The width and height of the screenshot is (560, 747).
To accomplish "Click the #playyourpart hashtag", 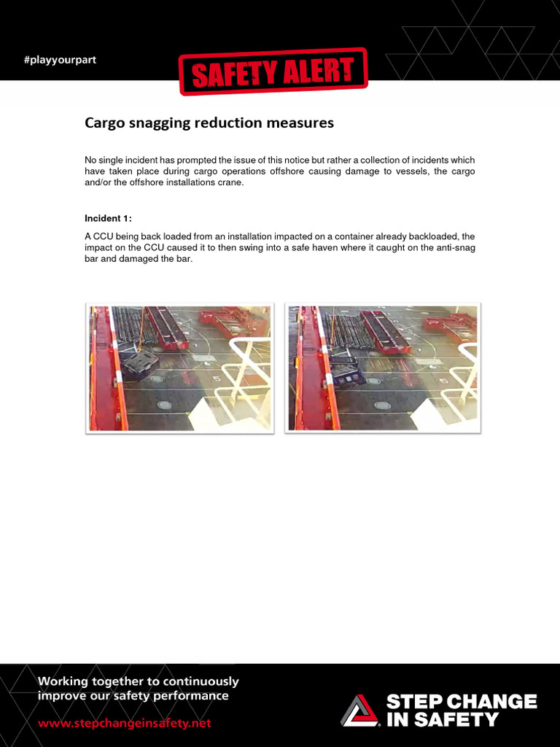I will pos(60,60).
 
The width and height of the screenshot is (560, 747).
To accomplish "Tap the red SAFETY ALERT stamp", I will pos(273,71).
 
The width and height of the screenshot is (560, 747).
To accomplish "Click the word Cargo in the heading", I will pos(105,123).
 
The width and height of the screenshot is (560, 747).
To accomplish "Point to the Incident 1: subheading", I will pos(109,218).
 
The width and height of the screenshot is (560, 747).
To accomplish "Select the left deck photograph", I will pos(179,368).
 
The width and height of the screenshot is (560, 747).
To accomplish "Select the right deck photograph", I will pos(383,368).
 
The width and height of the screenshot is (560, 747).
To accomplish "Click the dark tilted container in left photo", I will pos(139,363).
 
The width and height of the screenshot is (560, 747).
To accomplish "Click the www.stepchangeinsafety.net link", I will pos(125,724).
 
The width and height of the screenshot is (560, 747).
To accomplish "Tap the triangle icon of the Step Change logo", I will pos(359,711).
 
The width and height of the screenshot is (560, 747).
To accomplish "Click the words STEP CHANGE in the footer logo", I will pos(461,703).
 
